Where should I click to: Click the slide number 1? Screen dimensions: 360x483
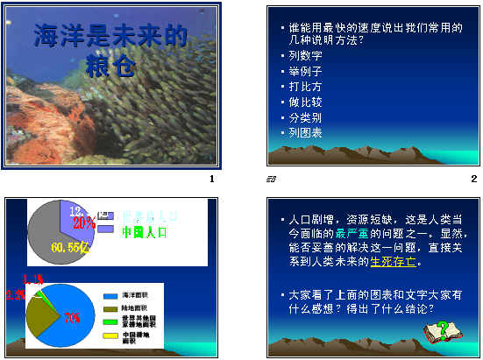pyautogui.click(x=211, y=180)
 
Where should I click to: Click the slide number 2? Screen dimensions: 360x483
pyautogui.click(x=472, y=180)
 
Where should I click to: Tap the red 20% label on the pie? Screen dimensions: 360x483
pyautogui.click(x=84, y=222)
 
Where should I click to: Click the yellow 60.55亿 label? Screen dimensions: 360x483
pyautogui.click(x=69, y=249)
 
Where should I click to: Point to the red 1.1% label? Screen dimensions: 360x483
pyautogui.click(x=32, y=279)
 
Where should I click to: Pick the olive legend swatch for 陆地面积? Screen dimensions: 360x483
pyautogui.click(x=110, y=309)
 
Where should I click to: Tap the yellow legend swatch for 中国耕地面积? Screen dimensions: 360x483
pyautogui.click(x=110, y=335)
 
